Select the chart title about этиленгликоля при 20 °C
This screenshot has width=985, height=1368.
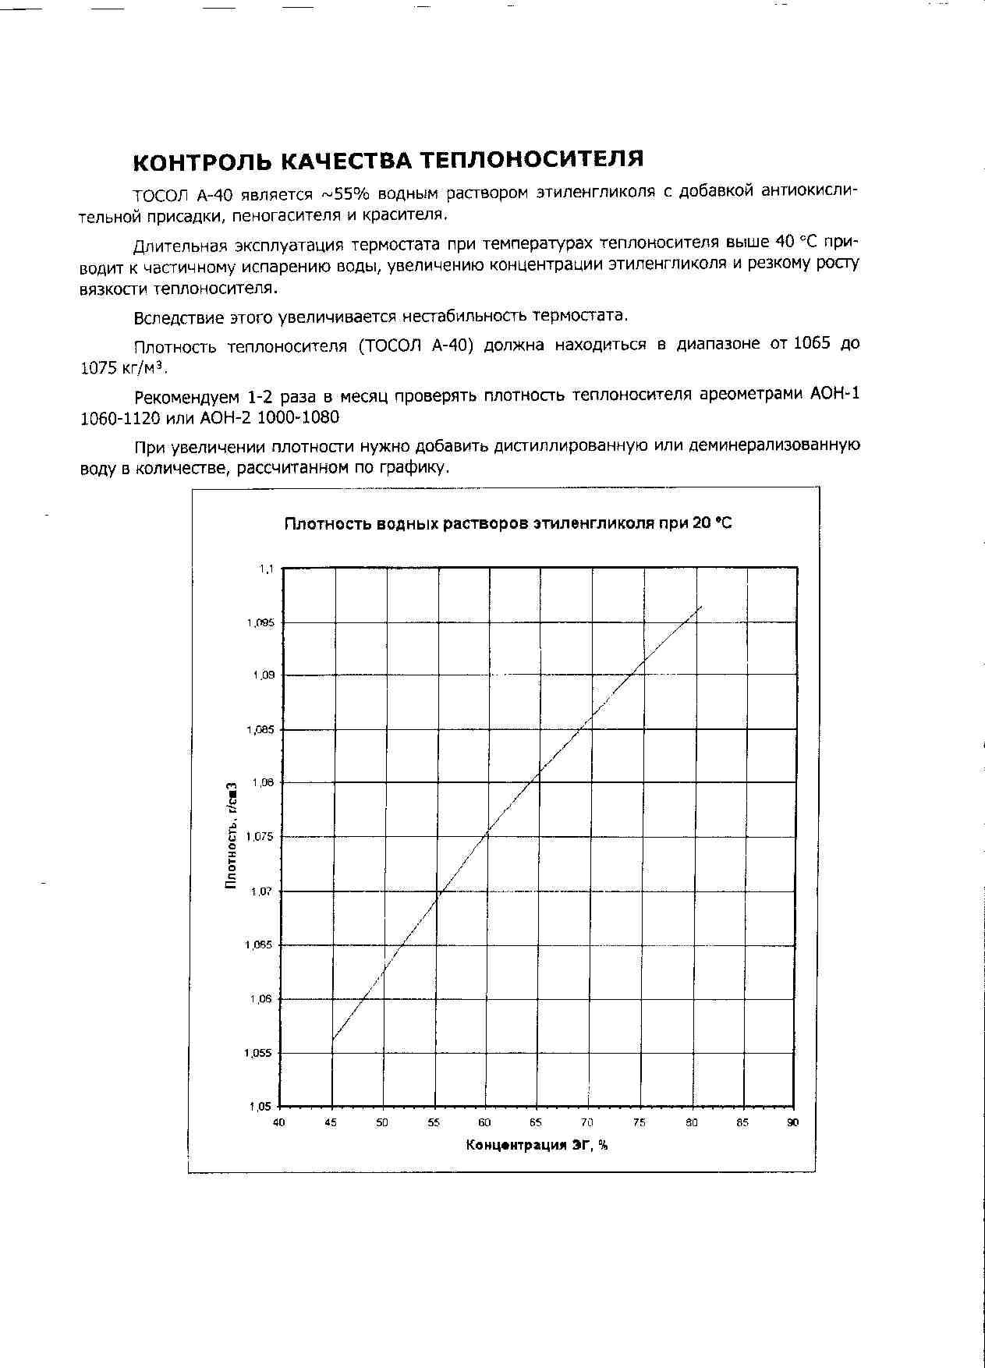click(x=508, y=523)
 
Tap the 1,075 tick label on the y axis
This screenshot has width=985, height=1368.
click(x=260, y=837)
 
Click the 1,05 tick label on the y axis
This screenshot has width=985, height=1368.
click(x=261, y=1106)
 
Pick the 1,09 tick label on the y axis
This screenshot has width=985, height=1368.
click(x=264, y=675)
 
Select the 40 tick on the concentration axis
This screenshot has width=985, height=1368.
click(x=279, y=1123)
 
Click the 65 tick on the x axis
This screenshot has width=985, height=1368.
click(x=536, y=1123)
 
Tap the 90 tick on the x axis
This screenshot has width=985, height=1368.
click(x=792, y=1123)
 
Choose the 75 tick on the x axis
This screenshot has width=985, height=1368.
click(x=639, y=1123)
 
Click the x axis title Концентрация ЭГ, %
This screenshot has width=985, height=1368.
click(x=537, y=1145)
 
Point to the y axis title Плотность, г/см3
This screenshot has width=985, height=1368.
click(x=232, y=835)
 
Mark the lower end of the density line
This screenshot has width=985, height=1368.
click(x=333, y=1040)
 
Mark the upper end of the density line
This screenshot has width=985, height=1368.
click(x=702, y=606)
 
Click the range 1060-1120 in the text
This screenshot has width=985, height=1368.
click(x=120, y=418)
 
